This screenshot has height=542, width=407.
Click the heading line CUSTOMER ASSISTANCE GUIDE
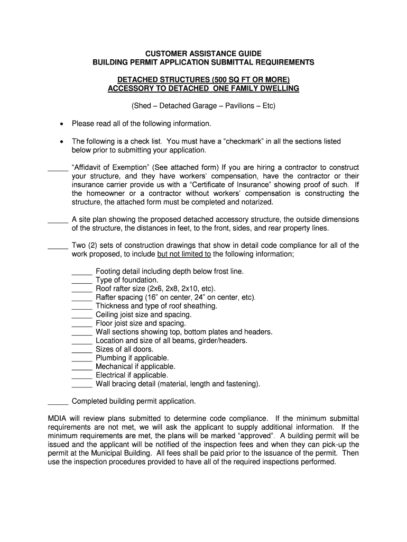(x=203, y=53)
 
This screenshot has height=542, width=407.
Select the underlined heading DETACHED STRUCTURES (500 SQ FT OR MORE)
(x=203, y=79)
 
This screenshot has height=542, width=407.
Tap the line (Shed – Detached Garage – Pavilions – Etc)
(x=203, y=106)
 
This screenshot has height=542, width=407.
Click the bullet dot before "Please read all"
(x=62, y=124)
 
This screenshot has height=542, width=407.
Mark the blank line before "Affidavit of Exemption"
(x=58, y=169)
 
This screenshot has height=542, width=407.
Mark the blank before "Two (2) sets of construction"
(x=58, y=247)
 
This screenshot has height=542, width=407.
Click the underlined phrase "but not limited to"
(x=184, y=254)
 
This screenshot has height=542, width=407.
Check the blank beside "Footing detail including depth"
(x=82, y=273)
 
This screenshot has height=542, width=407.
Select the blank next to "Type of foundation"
(x=82, y=281)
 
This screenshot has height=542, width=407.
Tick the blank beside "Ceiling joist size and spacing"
(x=82, y=315)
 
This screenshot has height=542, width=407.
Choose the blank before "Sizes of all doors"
(x=82, y=350)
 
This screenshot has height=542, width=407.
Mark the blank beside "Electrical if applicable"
(x=82, y=376)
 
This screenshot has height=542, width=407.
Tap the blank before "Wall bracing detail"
(x=82, y=385)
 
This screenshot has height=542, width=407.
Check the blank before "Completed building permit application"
(x=58, y=402)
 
